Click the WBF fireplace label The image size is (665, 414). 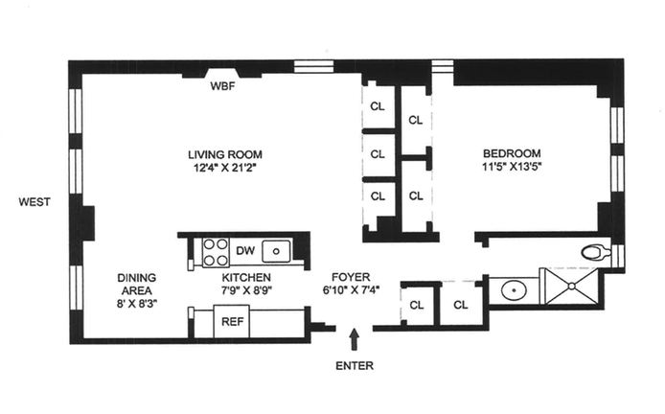click(222, 85)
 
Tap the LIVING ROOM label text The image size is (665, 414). click(224, 154)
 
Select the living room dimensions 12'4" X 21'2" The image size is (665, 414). click(224, 169)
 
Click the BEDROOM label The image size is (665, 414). click(512, 153)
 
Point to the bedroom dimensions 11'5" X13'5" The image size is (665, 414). click(512, 168)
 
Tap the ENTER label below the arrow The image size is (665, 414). click(355, 365)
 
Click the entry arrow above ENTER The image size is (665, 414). click(355, 337)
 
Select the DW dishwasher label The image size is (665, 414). click(244, 251)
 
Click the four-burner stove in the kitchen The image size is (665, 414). click(216, 251)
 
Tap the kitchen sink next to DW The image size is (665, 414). click(277, 251)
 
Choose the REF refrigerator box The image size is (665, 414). click(232, 322)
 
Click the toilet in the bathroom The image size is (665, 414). click(596, 253)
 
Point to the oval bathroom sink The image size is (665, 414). click(515, 289)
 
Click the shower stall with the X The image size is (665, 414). click(570, 287)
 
